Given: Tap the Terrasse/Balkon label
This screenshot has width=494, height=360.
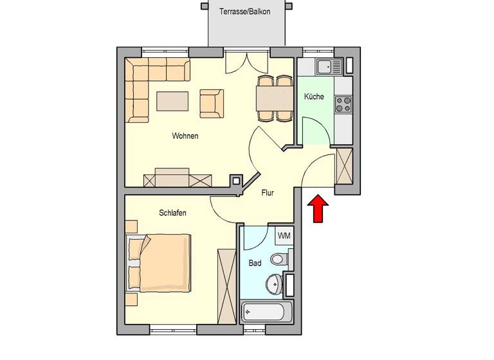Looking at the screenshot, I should pyautogui.click(x=244, y=12).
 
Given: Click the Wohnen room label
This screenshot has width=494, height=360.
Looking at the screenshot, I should pyautogui.click(x=185, y=136).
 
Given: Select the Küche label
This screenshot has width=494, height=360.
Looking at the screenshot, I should pyautogui.click(x=314, y=97).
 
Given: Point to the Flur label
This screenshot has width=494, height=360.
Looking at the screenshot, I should pyautogui.click(x=268, y=192).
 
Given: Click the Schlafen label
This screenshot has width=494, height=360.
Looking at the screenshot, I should pyautogui.click(x=172, y=213).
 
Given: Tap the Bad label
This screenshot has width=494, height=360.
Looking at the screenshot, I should pyautogui.click(x=255, y=263).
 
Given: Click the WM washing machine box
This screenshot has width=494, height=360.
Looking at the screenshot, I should pyautogui.click(x=284, y=236).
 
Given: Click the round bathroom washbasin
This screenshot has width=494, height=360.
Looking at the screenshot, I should pyautogui.click(x=273, y=283).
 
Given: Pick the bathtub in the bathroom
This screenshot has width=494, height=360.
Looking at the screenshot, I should pyautogui.click(x=268, y=313).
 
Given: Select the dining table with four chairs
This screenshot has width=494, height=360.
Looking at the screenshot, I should pyautogui.click(x=275, y=98).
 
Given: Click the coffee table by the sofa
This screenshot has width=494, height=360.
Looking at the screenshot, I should pyautogui.click(x=172, y=101).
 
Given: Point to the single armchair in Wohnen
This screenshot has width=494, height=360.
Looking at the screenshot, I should pyautogui.click(x=211, y=104).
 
